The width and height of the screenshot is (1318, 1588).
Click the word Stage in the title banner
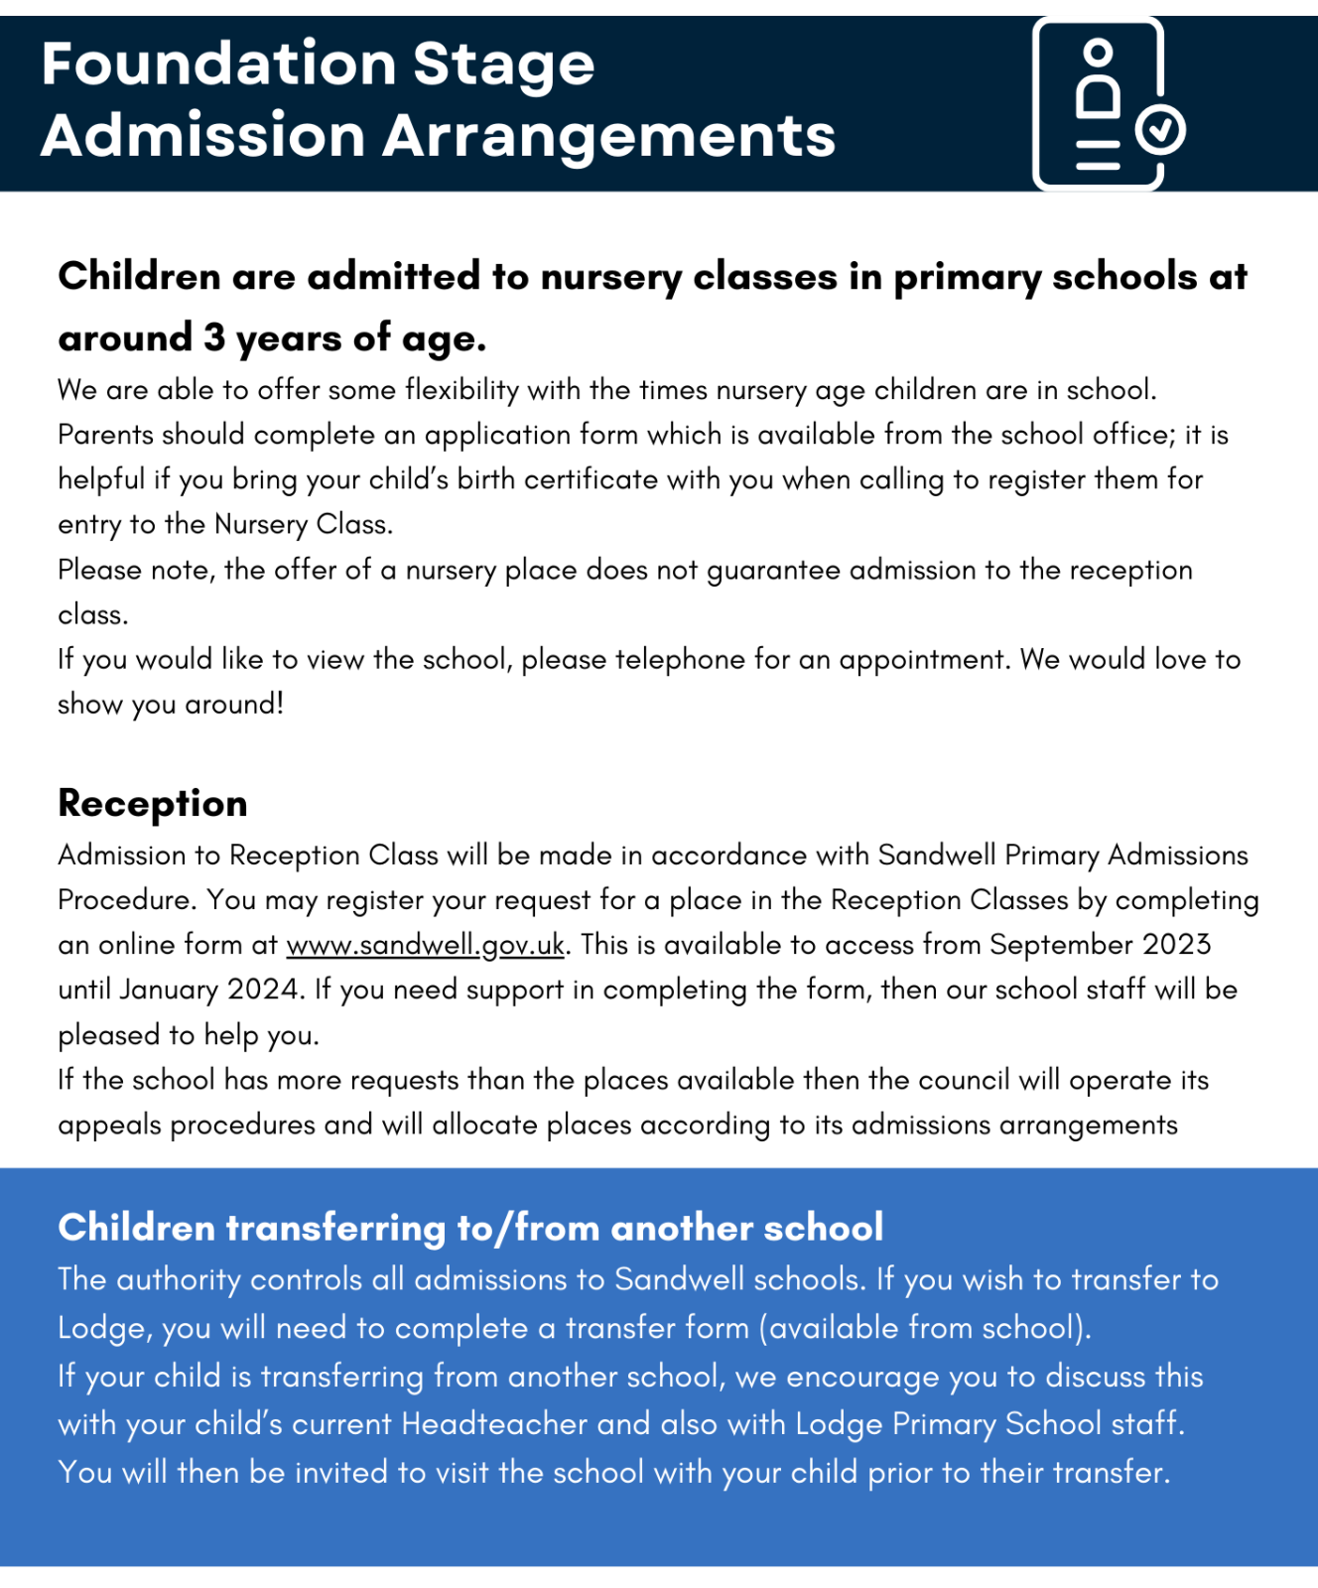point(503,65)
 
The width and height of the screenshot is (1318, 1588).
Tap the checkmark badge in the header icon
point(1159,129)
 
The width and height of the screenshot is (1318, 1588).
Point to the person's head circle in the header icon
point(1098,52)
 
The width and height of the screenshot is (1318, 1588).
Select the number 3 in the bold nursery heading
point(214,338)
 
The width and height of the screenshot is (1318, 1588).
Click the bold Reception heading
point(153,803)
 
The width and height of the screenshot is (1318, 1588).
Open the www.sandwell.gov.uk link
point(426,945)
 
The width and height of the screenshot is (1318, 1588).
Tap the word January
point(169,990)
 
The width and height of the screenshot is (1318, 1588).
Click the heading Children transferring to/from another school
point(470,1228)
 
